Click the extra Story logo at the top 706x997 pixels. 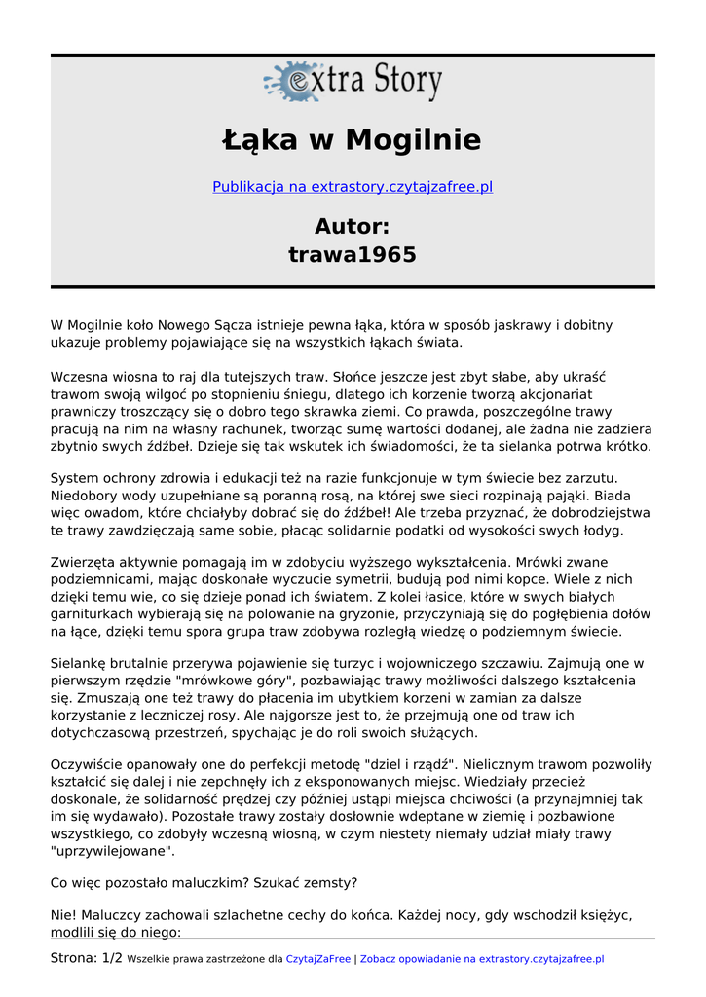pyautogui.click(x=353, y=82)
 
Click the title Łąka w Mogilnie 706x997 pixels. pyautogui.click(x=353, y=140)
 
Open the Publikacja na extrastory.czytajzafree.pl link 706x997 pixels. pyautogui.click(x=353, y=187)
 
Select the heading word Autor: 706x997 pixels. pyautogui.click(x=353, y=227)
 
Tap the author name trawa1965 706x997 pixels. pyautogui.click(x=353, y=255)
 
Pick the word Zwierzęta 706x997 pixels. pyautogui.click(x=86, y=562)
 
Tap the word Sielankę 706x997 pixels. pyautogui.click(x=82, y=663)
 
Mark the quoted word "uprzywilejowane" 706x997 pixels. pyautogui.click(x=113, y=851)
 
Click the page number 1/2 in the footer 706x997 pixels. pyautogui.click(x=112, y=959)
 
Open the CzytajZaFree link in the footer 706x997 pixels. pyautogui.click(x=318, y=959)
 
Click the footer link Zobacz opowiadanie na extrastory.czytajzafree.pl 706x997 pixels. pyautogui.click(x=482, y=959)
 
